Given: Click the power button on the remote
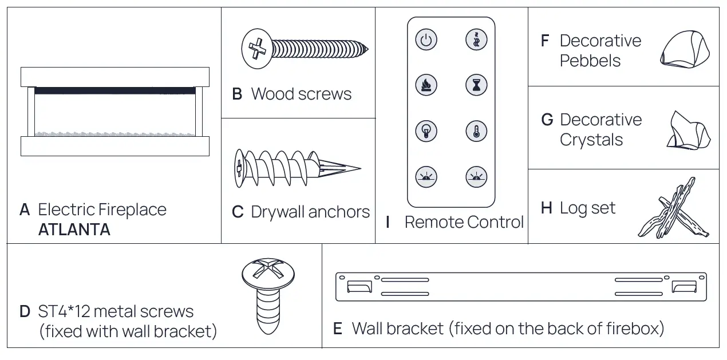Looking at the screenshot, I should tap(426, 41).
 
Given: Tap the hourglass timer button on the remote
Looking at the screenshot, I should tap(476, 85).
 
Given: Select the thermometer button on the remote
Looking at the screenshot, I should tap(476, 130).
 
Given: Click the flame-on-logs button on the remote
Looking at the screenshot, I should tap(426, 85).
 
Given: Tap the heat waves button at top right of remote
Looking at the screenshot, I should tap(476, 41).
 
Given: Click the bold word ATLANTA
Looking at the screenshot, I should tap(74, 230).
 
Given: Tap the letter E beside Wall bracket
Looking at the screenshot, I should tap(338, 329).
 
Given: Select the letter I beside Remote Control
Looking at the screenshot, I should tap(388, 222).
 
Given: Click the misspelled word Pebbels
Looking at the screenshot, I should tap(590, 61).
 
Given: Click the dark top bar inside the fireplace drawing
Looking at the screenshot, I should tap(114, 90).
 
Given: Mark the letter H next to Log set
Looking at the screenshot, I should tap(546, 208).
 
